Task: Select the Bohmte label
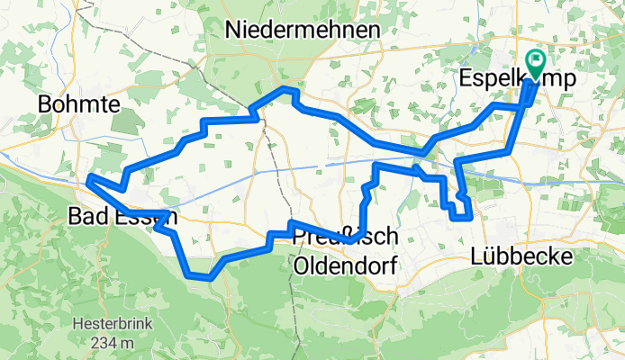click(x=79, y=104)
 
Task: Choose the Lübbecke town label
click(x=522, y=257)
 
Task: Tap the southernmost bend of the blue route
click(x=207, y=278)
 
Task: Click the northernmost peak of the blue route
click(x=287, y=89)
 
